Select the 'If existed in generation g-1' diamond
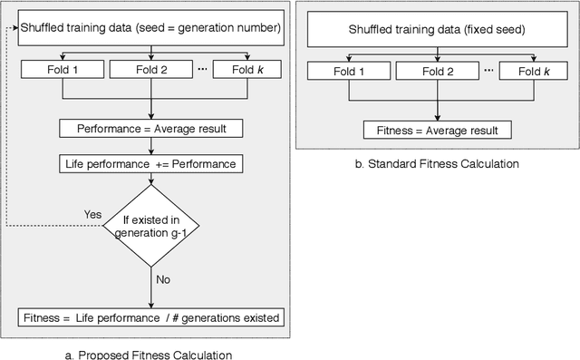tap(151, 225)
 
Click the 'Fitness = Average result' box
tap(438, 130)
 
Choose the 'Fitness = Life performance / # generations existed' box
tap(151, 318)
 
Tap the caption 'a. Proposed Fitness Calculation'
tap(150, 354)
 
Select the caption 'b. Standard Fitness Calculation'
tap(439, 165)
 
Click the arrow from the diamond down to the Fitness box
tap(151, 290)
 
